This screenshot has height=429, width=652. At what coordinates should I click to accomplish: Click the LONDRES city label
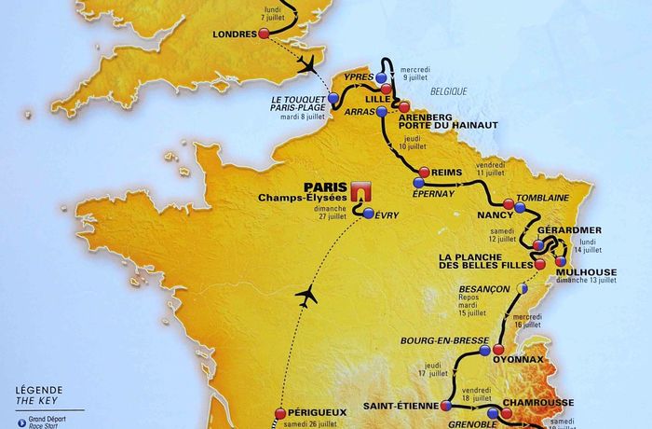(234, 34)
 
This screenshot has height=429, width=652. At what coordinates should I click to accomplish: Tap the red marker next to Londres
(264, 34)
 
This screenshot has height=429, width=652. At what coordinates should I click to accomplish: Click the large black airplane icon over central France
(305, 297)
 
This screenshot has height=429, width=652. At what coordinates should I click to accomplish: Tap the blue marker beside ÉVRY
(369, 214)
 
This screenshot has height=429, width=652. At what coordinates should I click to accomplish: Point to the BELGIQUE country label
(450, 91)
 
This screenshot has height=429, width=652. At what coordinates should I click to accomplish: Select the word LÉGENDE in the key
(38, 389)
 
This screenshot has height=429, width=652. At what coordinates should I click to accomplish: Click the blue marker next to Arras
(382, 112)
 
